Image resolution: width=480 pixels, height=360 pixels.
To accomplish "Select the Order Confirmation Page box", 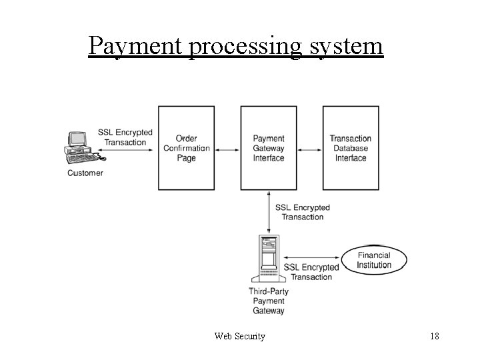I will tap(186, 147).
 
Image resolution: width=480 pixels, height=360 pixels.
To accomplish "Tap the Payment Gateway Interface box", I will tap(269, 147).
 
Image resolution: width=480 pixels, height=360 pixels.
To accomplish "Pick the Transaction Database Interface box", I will tap(351, 147).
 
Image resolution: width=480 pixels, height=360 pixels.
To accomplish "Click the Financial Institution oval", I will tap(374, 260).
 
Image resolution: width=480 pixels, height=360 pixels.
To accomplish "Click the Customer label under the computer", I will tap(85, 173).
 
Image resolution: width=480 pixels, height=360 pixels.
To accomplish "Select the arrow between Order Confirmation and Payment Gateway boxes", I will tap(227, 149).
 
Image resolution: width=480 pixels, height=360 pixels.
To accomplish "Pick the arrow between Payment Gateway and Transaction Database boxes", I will tap(310, 149).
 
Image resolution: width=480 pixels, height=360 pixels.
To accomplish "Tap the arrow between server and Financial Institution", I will tap(311, 257).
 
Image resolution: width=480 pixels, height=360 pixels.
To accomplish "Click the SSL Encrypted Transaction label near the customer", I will tap(125, 137).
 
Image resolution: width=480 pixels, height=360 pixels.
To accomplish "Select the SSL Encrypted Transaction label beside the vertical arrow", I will tap(302, 212).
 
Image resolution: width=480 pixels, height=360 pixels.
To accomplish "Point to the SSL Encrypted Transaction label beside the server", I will tap(311, 272).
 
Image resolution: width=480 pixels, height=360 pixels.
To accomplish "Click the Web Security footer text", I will tap(240, 337).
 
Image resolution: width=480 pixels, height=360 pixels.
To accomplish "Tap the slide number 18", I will tap(434, 337).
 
